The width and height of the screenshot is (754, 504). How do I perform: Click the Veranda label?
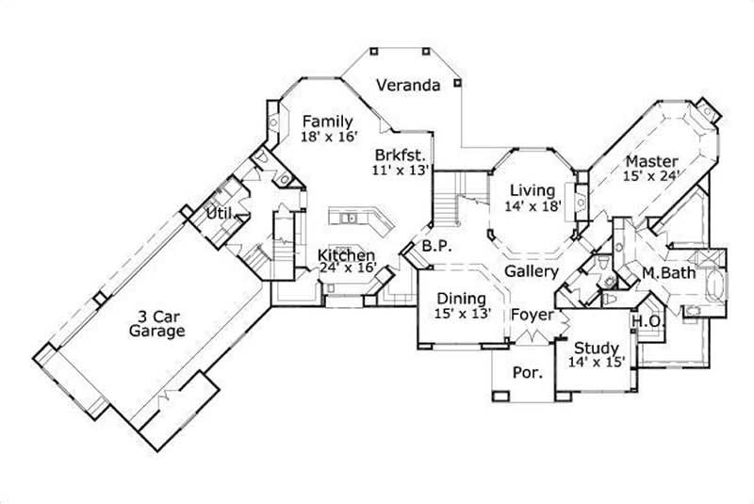(x=408, y=86)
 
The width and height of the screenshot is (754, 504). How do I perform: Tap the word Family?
(x=327, y=122)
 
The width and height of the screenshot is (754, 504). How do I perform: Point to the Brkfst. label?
(x=401, y=154)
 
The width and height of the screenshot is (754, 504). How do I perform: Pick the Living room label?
(x=533, y=191)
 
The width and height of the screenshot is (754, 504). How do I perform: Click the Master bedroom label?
(x=651, y=160)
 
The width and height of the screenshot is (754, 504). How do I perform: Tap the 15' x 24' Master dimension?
(x=651, y=175)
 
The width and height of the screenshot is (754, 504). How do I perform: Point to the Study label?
(x=597, y=348)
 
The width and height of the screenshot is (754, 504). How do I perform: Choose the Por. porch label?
(x=527, y=373)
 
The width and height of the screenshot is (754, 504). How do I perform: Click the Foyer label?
(x=532, y=315)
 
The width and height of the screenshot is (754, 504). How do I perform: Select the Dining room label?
(x=461, y=299)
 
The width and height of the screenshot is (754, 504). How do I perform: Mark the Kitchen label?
(x=347, y=255)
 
